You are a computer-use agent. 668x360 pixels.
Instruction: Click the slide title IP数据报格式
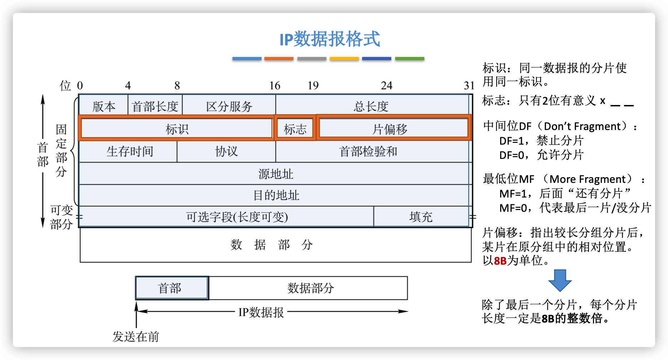click(329, 39)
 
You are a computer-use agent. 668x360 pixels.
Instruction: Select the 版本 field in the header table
click(104, 106)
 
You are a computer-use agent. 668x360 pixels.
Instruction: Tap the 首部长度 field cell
click(155, 106)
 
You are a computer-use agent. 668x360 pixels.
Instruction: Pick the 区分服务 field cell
click(229, 106)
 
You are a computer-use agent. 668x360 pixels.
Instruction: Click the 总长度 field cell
click(372, 106)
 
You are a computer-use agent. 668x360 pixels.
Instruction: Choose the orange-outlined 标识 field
click(176, 128)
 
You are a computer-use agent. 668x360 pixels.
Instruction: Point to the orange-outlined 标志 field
click(295, 128)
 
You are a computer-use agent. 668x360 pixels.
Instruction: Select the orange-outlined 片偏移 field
click(393, 128)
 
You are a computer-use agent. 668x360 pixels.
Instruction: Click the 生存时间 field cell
click(128, 151)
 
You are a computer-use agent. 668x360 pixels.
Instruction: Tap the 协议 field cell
click(226, 151)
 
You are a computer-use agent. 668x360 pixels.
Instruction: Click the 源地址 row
click(275, 174)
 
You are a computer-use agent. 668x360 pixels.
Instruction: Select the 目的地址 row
click(275, 195)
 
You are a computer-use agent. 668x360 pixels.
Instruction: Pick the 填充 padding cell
click(421, 216)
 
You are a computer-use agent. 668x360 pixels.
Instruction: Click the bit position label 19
click(313, 85)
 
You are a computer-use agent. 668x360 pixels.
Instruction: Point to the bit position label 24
click(387, 85)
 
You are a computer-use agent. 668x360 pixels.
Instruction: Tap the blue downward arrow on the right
click(560, 280)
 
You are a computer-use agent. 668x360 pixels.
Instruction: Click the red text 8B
click(500, 261)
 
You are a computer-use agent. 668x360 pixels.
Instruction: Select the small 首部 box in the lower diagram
click(172, 288)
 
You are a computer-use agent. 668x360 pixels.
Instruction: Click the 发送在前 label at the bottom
click(136, 336)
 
